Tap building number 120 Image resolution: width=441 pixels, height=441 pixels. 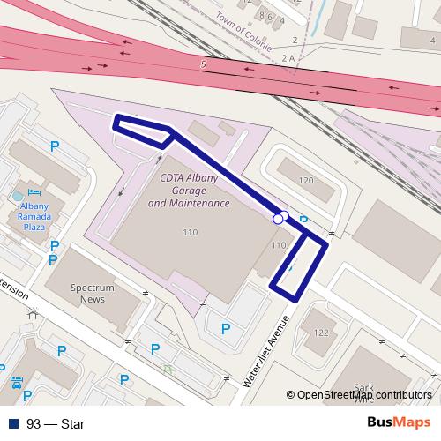coord(306,181)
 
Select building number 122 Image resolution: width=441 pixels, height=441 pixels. coord(321,333)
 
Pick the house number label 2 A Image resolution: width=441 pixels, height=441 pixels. coord(287,57)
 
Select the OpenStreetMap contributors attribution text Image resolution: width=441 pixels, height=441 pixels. coord(363,395)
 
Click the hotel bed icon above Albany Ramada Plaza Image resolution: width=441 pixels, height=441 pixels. coord(34,192)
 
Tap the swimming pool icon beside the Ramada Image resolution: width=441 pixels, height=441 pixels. coord(18,192)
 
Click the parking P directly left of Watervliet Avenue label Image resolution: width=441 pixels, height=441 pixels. coord(226,329)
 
